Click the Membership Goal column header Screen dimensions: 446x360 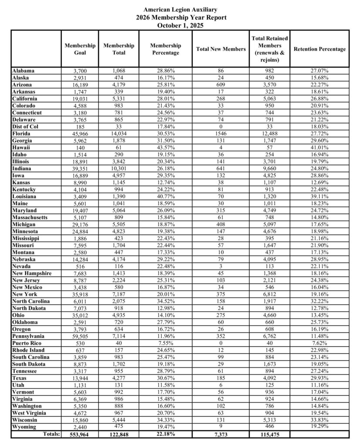click(x=80, y=49)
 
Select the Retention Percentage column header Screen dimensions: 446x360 click(x=320, y=49)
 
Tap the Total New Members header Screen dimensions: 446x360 click(x=221, y=49)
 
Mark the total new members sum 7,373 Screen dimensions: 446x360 click(x=221, y=435)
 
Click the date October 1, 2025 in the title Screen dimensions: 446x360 click(x=180, y=25)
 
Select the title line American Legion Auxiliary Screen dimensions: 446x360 click(x=180, y=9)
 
